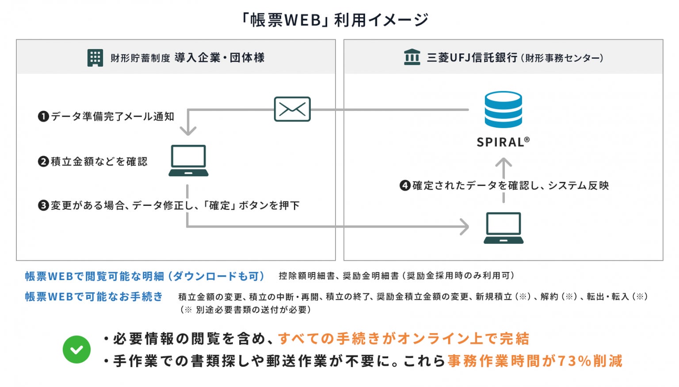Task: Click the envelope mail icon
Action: click(292, 109)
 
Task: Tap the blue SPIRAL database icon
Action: click(503, 110)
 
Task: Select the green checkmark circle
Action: click(76, 349)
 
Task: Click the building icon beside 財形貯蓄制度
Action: click(95, 57)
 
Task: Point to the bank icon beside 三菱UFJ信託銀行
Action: click(412, 57)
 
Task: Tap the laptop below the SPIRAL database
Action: click(503, 228)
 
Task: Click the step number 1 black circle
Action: click(43, 117)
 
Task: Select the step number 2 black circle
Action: click(43, 162)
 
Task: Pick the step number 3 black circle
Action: click(43, 205)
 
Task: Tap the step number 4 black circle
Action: click(405, 186)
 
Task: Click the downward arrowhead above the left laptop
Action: click(188, 130)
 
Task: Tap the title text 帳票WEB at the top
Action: click(286, 20)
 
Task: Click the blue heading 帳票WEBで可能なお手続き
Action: click(94, 296)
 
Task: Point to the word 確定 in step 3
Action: click(220, 205)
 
